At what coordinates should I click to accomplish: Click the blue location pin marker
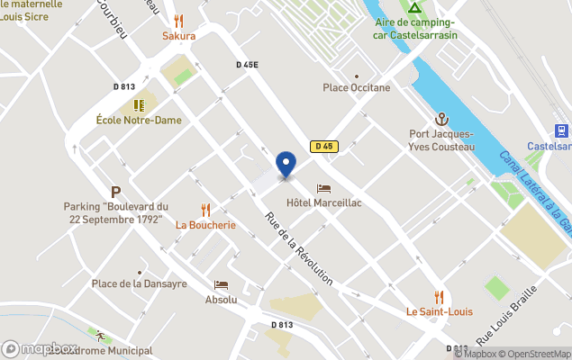tap(286, 164)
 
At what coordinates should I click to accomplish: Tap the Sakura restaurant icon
tap(178, 20)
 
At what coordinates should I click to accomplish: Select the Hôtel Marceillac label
tap(323, 203)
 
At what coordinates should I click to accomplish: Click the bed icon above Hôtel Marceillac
tap(323, 189)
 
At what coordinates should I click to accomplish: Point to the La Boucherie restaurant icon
tap(205, 210)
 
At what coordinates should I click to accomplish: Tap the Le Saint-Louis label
tap(438, 312)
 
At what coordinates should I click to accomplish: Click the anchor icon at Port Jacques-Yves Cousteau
tap(441, 119)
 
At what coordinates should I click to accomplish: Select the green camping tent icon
tap(414, 8)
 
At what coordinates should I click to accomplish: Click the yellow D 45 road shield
tap(323, 146)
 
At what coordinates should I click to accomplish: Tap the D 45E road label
tap(247, 65)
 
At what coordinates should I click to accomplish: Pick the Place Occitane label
tap(357, 87)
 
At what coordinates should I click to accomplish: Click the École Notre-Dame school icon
tap(139, 105)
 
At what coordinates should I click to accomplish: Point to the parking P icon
tap(115, 192)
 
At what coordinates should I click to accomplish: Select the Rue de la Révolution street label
tap(299, 249)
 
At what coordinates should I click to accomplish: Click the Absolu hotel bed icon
tap(221, 284)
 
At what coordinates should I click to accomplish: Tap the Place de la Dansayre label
tap(140, 283)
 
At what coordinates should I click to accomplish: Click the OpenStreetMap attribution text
tap(535, 354)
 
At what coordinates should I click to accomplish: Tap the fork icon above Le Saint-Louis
tap(439, 297)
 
